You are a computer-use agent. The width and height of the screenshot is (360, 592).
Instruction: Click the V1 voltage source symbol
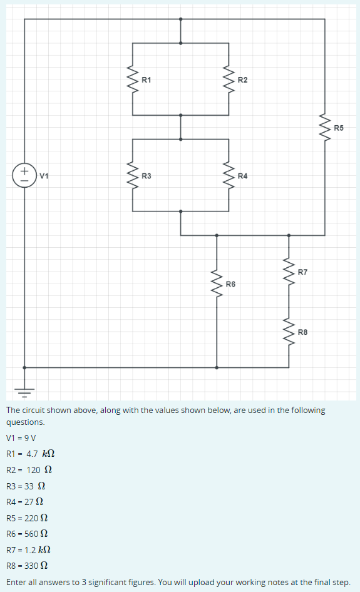tap(24, 175)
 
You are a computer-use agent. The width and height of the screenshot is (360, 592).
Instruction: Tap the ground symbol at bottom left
tap(24, 392)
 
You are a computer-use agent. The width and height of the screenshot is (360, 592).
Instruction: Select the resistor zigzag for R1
tap(133, 79)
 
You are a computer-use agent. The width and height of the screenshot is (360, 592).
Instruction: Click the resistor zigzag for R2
tap(229, 79)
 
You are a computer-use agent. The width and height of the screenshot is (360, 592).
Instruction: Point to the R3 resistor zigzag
tap(133, 175)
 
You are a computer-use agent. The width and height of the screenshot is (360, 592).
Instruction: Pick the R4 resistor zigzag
tap(229, 175)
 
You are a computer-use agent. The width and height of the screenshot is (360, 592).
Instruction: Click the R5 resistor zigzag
tap(324, 127)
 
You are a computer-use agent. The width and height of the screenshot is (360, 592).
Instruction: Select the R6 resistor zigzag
tap(217, 283)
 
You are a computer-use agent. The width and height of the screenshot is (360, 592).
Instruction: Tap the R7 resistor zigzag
tap(289, 272)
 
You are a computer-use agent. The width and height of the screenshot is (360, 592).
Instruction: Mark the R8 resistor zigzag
tap(289, 331)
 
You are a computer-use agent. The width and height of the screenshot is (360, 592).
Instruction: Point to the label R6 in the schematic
tap(231, 285)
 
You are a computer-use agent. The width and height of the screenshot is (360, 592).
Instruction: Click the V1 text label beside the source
tap(44, 176)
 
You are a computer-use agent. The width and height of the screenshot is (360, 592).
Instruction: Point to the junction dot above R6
tap(217, 235)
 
